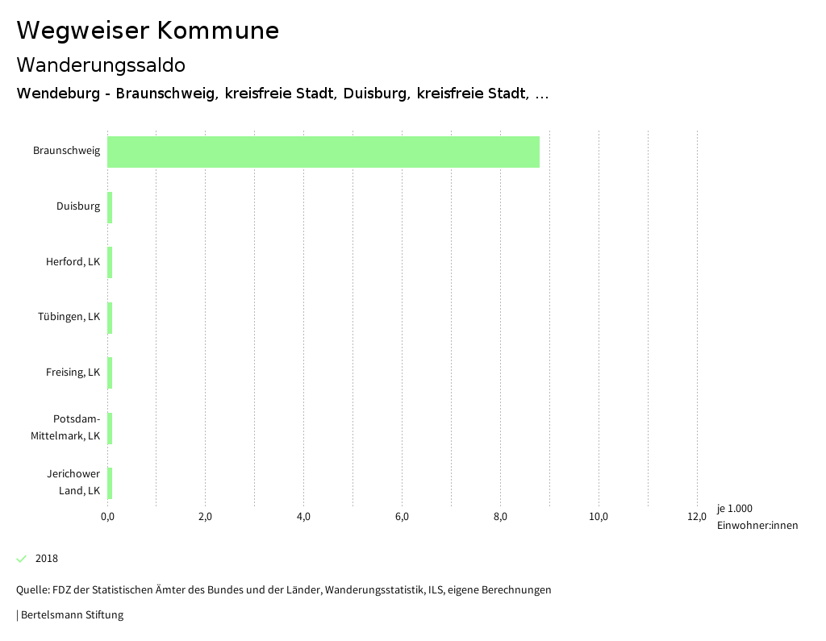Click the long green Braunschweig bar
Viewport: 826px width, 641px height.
click(x=323, y=152)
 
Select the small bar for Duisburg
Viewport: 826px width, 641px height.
click(x=110, y=207)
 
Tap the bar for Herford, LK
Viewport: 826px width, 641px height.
click(x=110, y=262)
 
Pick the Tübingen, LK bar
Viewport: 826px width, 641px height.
click(x=110, y=318)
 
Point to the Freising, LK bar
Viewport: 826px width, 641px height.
click(x=110, y=373)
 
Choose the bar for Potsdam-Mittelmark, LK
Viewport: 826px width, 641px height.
click(x=110, y=428)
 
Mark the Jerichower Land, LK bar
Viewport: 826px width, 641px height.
click(x=110, y=483)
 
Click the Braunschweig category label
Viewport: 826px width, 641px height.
click(x=66, y=151)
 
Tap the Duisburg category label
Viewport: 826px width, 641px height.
click(x=78, y=206)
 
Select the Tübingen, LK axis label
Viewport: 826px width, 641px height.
click(x=69, y=317)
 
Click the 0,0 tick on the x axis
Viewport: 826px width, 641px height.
click(x=107, y=517)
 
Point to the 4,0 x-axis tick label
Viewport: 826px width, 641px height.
click(x=303, y=517)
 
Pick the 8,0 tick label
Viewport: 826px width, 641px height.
click(x=500, y=517)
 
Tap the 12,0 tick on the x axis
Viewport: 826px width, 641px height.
click(x=697, y=517)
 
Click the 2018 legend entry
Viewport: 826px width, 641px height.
click(x=47, y=559)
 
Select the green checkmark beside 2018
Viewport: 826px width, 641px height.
click(x=22, y=559)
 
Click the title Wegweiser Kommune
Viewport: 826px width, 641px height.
click(x=148, y=31)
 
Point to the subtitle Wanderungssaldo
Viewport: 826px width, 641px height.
click(x=101, y=65)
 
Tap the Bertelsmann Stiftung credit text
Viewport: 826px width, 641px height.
click(x=71, y=615)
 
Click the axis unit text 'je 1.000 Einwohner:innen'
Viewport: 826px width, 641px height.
click(x=757, y=517)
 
